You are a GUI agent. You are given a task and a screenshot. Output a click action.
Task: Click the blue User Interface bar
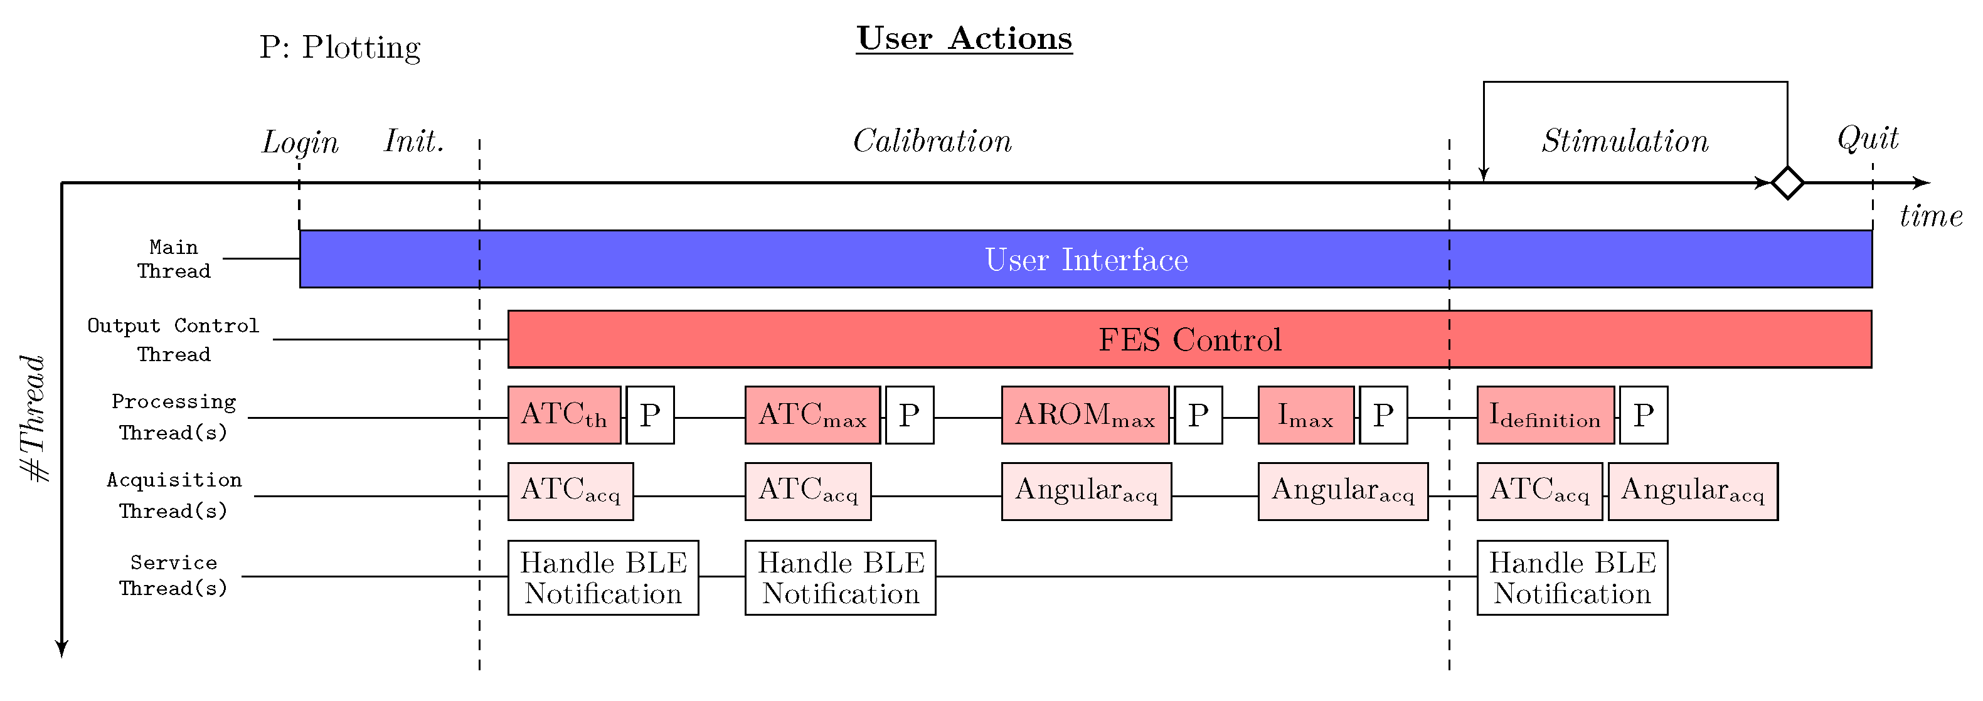[1085, 260]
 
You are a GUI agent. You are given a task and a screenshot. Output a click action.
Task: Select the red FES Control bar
[1189, 339]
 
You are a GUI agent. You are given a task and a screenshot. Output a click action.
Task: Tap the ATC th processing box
[564, 416]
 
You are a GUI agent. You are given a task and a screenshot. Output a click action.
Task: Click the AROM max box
[1085, 416]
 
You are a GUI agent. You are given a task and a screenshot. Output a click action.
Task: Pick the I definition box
[1545, 416]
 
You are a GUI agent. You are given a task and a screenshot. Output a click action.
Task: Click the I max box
[1305, 416]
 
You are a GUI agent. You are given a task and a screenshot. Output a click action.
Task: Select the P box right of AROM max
[1198, 416]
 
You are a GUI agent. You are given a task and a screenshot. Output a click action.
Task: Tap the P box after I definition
[1644, 416]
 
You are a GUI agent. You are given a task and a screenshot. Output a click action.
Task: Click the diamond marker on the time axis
[1787, 183]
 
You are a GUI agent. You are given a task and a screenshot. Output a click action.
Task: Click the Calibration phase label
[932, 141]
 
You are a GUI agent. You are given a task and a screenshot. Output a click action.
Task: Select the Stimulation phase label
[1625, 141]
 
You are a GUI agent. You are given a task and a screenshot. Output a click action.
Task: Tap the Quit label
[1868, 139]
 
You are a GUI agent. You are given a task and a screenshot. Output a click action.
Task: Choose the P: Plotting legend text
[339, 48]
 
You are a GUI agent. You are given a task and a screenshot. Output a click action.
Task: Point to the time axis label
[1931, 216]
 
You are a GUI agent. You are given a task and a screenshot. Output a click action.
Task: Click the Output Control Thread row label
[173, 339]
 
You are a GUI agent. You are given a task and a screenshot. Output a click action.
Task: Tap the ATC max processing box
[812, 416]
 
